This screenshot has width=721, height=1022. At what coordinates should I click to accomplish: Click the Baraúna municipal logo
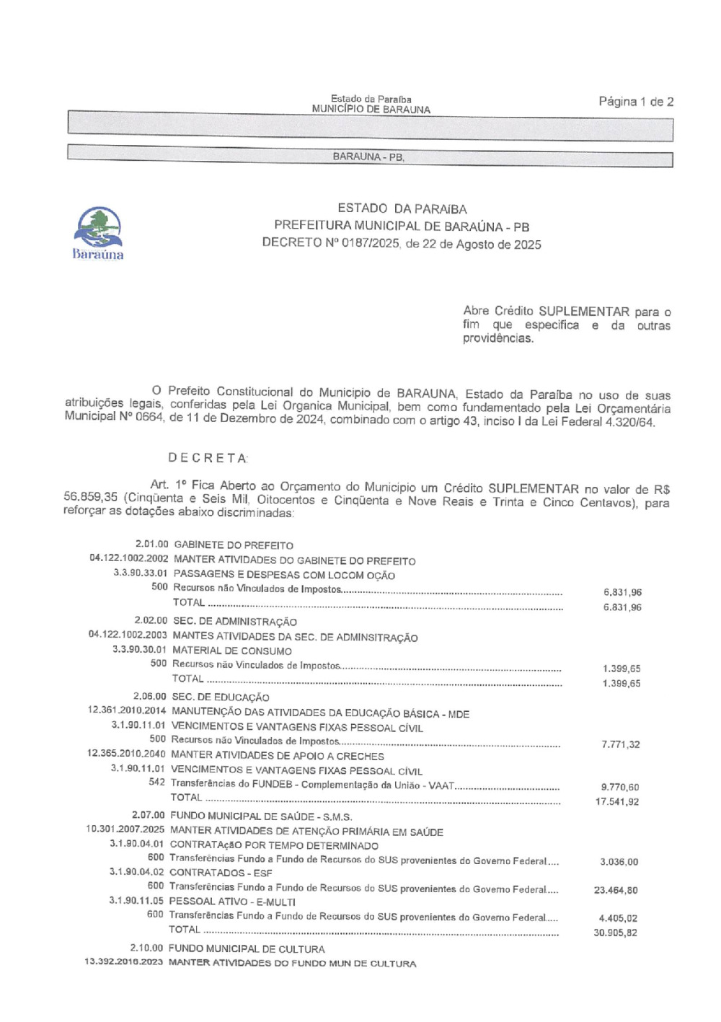point(98,233)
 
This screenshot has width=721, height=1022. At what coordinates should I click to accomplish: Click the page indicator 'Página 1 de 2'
point(636,102)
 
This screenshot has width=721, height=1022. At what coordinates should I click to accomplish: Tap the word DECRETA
point(208,458)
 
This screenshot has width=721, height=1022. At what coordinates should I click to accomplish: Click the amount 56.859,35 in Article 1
point(90,497)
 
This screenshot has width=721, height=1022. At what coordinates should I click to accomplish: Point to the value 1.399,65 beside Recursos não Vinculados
point(622,669)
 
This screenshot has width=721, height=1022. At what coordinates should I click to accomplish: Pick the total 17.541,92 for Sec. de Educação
point(617,801)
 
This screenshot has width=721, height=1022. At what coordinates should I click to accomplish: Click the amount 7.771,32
point(621,744)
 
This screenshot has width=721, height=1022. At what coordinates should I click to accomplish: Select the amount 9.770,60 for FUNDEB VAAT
point(620,787)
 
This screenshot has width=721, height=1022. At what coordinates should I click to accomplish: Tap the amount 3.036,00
point(619,862)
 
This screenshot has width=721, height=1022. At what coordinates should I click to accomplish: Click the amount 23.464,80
point(616,890)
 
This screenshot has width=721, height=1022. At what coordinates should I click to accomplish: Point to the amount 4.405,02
point(619,918)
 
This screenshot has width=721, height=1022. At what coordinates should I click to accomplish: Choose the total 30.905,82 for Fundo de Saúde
point(616,933)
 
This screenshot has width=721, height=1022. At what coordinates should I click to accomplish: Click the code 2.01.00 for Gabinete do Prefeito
point(151,545)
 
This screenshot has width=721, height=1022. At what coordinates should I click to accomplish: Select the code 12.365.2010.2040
point(126,754)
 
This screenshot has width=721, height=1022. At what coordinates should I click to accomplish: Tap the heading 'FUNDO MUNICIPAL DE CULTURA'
point(247,949)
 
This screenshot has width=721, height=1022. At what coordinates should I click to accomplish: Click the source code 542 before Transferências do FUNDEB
point(156,783)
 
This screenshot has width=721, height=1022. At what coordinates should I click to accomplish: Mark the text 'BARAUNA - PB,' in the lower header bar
point(368,157)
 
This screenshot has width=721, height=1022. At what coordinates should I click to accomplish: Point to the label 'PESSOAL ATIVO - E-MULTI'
point(232,902)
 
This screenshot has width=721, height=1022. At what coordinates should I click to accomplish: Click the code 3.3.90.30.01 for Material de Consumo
point(139,650)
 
